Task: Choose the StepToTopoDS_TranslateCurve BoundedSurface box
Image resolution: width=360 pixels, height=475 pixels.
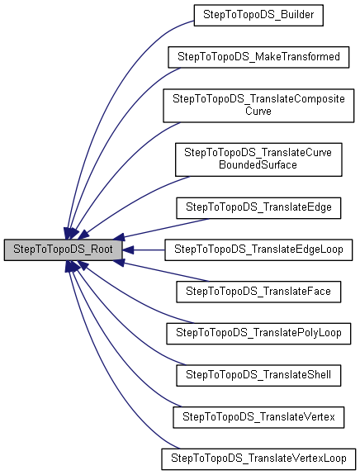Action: coord(258,159)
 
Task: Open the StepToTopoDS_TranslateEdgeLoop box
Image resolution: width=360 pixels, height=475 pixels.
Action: coord(258,248)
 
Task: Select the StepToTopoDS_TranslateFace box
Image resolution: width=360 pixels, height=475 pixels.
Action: coord(258,291)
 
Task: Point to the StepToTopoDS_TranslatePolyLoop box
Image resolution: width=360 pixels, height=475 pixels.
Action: coord(258,333)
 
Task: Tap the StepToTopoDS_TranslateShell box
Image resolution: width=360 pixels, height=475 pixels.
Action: coord(258,375)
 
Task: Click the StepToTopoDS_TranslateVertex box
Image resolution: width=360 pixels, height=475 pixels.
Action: coord(258,417)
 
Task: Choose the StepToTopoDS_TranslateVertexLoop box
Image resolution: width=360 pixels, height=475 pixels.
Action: coord(258,458)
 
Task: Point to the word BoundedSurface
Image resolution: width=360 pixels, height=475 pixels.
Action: coord(258,165)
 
